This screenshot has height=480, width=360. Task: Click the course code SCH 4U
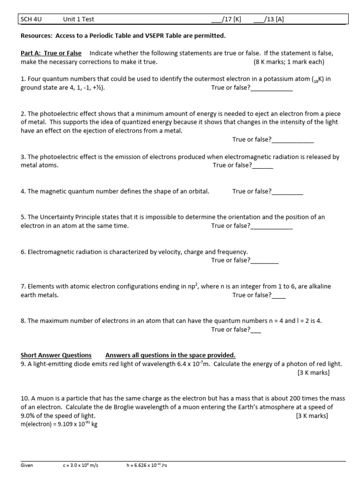(31, 19)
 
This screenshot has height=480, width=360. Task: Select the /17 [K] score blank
(216, 19)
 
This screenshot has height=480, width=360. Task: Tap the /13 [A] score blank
(258, 19)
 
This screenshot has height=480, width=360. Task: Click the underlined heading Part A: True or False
(51, 53)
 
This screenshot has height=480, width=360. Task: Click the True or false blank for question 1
(271, 88)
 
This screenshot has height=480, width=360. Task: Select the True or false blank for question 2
(292, 139)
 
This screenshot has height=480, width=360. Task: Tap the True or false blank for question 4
(287, 191)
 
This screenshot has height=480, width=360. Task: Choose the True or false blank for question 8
(256, 330)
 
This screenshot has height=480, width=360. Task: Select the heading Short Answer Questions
(56, 355)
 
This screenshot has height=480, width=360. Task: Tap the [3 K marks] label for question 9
(314, 373)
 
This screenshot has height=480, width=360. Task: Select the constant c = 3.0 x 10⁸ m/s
(81, 465)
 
